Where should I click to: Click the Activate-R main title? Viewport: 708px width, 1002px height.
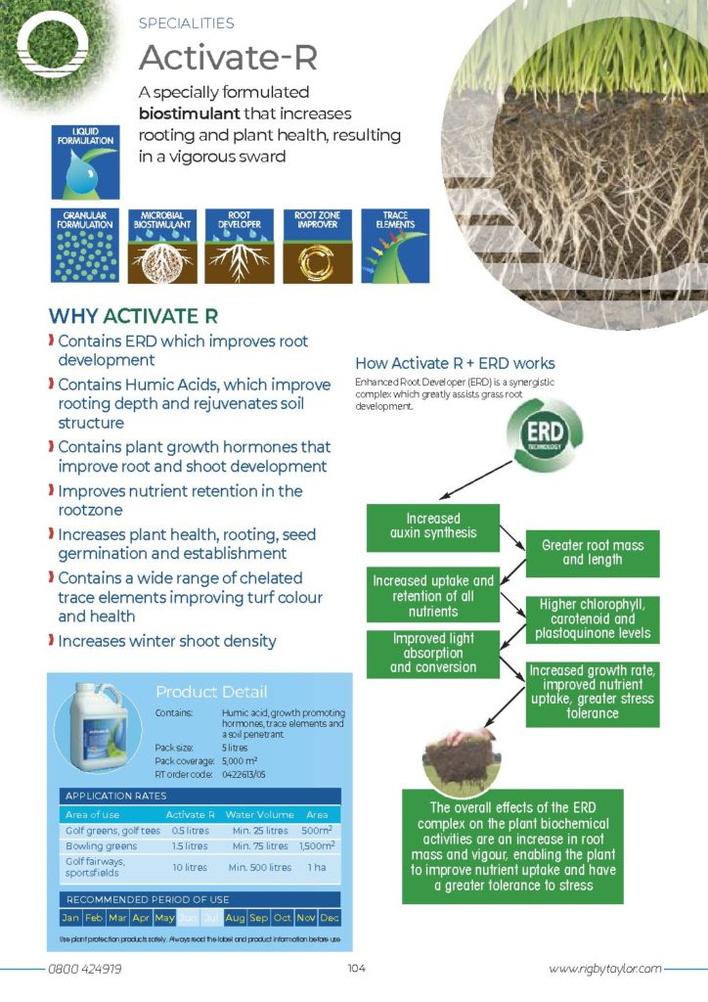click(x=228, y=58)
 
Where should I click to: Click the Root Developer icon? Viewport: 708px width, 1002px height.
click(x=239, y=247)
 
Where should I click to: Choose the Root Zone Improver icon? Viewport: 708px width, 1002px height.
click(x=318, y=247)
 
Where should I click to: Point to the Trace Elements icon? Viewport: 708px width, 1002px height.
click(x=395, y=247)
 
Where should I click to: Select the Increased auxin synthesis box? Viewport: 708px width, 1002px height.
click(x=433, y=525)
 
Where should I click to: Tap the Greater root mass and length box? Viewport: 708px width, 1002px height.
click(x=593, y=552)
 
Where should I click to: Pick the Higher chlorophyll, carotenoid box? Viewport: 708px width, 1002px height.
click(x=593, y=618)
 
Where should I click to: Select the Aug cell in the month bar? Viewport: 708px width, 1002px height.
click(x=235, y=919)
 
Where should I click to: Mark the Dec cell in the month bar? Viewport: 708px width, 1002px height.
click(x=330, y=919)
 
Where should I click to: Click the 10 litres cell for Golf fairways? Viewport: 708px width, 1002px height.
click(x=188, y=867)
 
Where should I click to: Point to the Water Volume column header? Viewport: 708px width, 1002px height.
click(x=258, y=814)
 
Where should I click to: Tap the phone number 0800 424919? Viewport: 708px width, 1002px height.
click(x=85, y=969)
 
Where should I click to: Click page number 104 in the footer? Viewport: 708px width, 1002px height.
click(x=356, y=969)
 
